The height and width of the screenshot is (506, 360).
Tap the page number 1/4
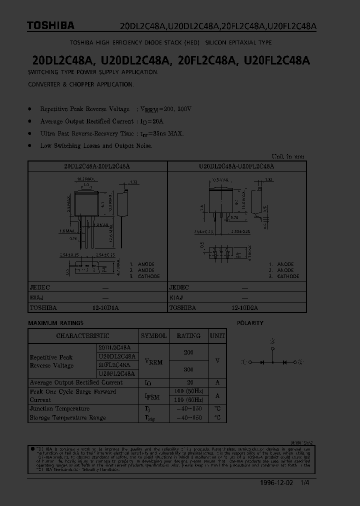(304, 483)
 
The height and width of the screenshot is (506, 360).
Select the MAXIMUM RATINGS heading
(55, 323)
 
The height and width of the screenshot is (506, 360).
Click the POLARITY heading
(250, 323)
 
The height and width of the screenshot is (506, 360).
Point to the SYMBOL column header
(153, 336)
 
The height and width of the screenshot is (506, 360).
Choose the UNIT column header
(217, 336)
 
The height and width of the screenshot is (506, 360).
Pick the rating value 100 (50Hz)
(188, 391)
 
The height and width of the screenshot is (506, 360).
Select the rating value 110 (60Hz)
(188, 400)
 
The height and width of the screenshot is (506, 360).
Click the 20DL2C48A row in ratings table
(114, 347)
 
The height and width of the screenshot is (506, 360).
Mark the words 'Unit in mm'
(287, 156)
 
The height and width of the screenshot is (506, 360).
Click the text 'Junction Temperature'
(59, 409)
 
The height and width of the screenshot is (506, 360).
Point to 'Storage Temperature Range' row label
(67, 417)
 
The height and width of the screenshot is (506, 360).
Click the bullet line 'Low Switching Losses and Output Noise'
(96, 145)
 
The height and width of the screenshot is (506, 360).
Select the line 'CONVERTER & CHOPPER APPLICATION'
(80, 84)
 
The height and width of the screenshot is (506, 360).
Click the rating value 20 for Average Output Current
(188, 382)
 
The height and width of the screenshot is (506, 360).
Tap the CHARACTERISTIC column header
(82, 336)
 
